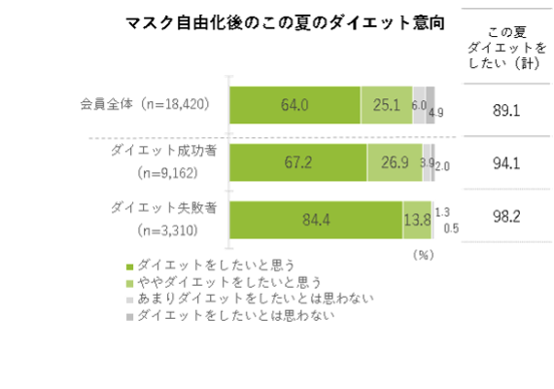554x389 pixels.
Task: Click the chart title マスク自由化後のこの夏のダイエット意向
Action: tap(285, 23)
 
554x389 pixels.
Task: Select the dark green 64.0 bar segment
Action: tap(295, 105)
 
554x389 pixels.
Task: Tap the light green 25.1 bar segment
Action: tap(387, 105)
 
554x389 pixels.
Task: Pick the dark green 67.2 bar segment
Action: tap(298, 162)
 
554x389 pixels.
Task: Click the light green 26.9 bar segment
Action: tap(395, 162)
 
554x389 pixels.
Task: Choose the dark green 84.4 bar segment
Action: tap(316, 220)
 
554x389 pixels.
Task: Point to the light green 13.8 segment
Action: tap(417, 220)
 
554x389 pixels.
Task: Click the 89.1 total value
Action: tap(506, 111)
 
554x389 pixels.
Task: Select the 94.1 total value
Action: tap(506, 163)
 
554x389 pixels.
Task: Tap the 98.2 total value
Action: tap(506, 217)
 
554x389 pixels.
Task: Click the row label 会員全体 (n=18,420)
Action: tap(145, 104)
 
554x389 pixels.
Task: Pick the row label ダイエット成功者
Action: tap(163, 151)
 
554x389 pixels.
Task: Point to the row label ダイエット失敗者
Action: tap(163, 208)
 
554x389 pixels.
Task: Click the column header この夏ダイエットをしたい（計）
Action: tap(507, 48)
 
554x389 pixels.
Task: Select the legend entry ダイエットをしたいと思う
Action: tap(211, 265)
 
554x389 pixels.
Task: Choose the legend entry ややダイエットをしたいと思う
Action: tap(224, 282)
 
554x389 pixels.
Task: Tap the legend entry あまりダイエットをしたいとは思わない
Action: tap(250, 299)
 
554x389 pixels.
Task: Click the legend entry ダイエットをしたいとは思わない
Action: tap(230, 315)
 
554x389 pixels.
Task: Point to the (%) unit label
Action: tap(423, 255)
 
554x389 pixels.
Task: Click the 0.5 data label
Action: tap(451, 229)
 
